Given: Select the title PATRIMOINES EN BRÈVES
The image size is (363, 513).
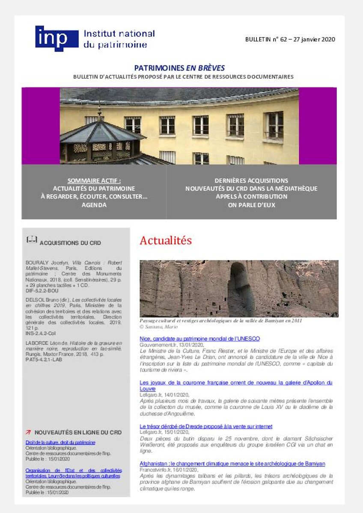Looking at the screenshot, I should [x=179, y=68].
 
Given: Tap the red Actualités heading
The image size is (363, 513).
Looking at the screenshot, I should [x=166, y=241].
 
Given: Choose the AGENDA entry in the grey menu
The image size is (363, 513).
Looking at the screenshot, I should [x=94, y=205].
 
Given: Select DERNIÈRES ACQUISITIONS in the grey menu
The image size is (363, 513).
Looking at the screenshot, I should [x=251, y=180].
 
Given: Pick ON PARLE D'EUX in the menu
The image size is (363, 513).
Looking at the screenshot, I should [x=251, y=205].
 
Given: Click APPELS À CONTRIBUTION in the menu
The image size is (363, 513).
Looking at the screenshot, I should [x=251, y=197].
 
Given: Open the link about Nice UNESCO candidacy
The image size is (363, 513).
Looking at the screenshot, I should [x=199, y=339].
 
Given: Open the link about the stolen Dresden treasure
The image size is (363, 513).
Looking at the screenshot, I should [x=206, y=426].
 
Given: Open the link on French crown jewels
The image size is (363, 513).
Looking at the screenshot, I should [x=236, y=383].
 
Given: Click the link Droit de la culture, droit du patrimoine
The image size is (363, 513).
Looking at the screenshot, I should [x=60, y=442].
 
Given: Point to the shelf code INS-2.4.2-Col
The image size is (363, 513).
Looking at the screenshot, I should [x=41, y=333].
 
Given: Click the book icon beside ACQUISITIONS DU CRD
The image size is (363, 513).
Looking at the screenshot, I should [x=32, y=240].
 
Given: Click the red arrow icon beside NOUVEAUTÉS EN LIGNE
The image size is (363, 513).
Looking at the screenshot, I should [x=28, y=432].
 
